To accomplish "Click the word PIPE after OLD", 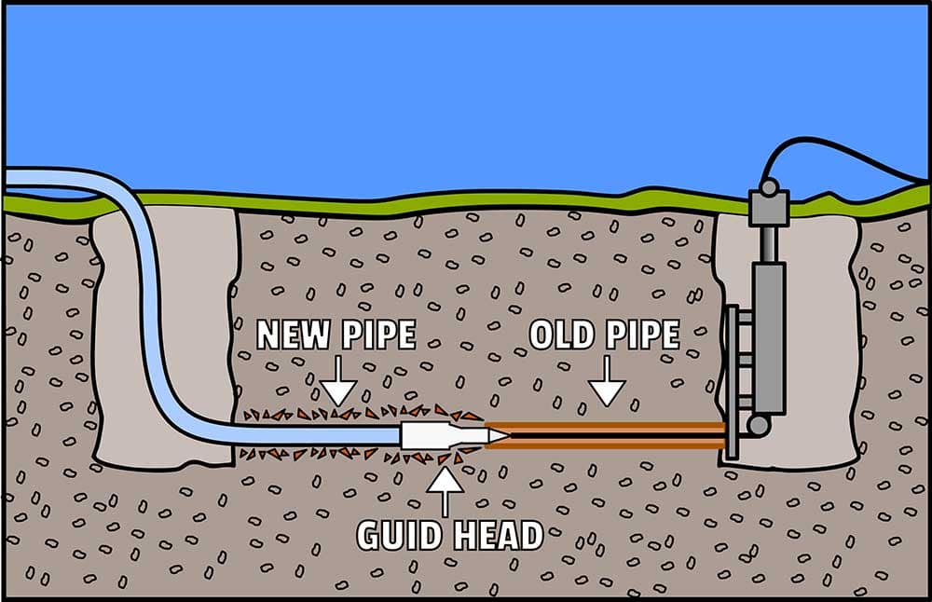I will pos(644,335).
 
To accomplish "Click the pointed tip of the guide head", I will pos(502,435).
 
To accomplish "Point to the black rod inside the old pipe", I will pos(606,435).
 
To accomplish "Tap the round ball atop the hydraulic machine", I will pos(768,187).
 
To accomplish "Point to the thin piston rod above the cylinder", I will pos(768,242).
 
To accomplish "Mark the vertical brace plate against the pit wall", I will pos(732,382).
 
